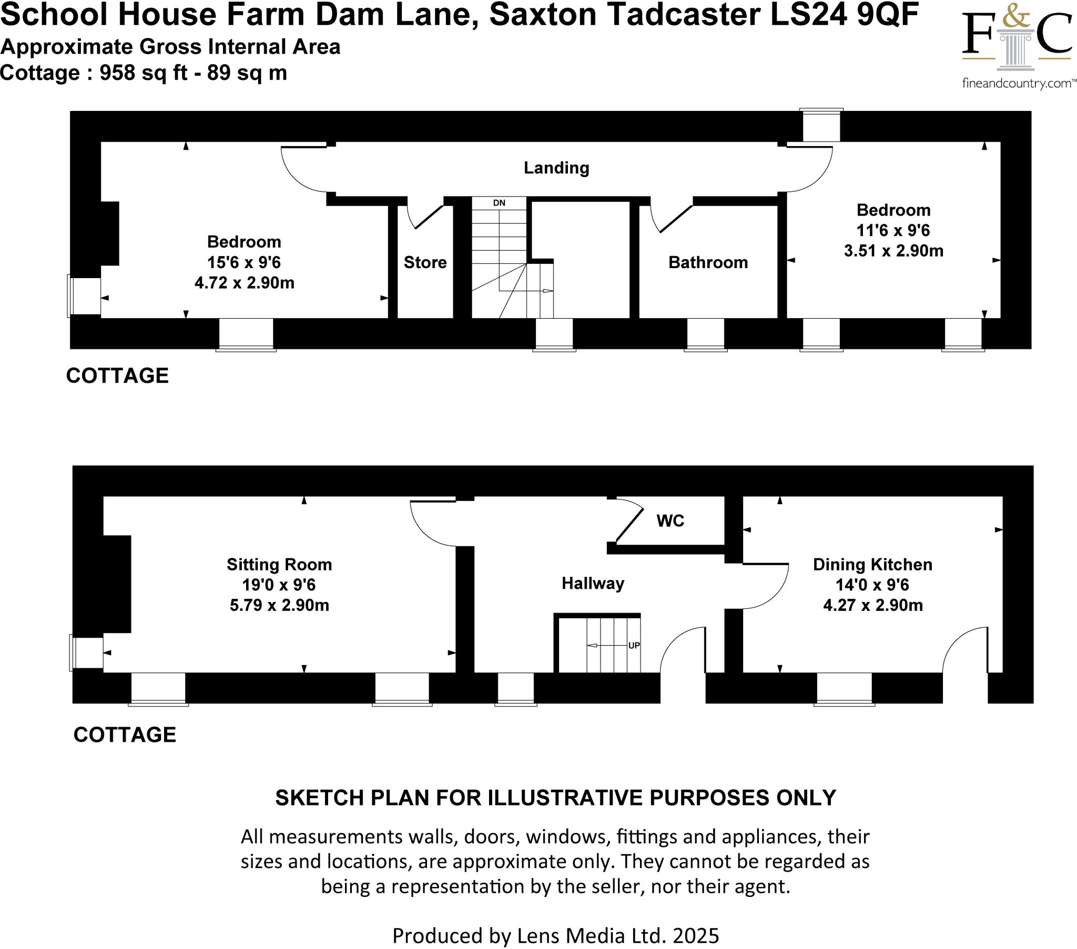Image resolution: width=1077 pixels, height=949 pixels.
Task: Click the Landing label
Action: coord(556,168)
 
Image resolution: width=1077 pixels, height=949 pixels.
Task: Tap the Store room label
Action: coord(425,262)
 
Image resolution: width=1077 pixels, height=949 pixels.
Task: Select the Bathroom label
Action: coord(708,262)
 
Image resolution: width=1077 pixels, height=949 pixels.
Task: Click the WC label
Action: coord(669,521)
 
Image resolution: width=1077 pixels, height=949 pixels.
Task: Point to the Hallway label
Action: coord(593,583)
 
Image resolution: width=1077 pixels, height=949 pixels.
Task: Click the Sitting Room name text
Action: coord(279,564)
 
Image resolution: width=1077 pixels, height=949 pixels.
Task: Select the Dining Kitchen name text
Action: coord(872,564)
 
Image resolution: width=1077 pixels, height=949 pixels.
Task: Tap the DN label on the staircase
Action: coord(499,203)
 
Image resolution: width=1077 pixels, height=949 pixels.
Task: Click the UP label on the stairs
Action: coord(634,646)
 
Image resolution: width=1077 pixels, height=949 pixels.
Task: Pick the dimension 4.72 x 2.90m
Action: coord(244,283)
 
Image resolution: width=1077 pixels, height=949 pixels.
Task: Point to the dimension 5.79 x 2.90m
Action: coord(279,605)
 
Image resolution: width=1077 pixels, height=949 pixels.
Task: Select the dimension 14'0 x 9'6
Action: coord(872,585)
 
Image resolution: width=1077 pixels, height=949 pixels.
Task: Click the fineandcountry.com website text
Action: coord(1017,83)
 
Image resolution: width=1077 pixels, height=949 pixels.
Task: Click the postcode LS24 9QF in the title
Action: coord(844,15)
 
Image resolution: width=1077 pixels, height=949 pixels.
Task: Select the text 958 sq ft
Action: coord(144,73)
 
